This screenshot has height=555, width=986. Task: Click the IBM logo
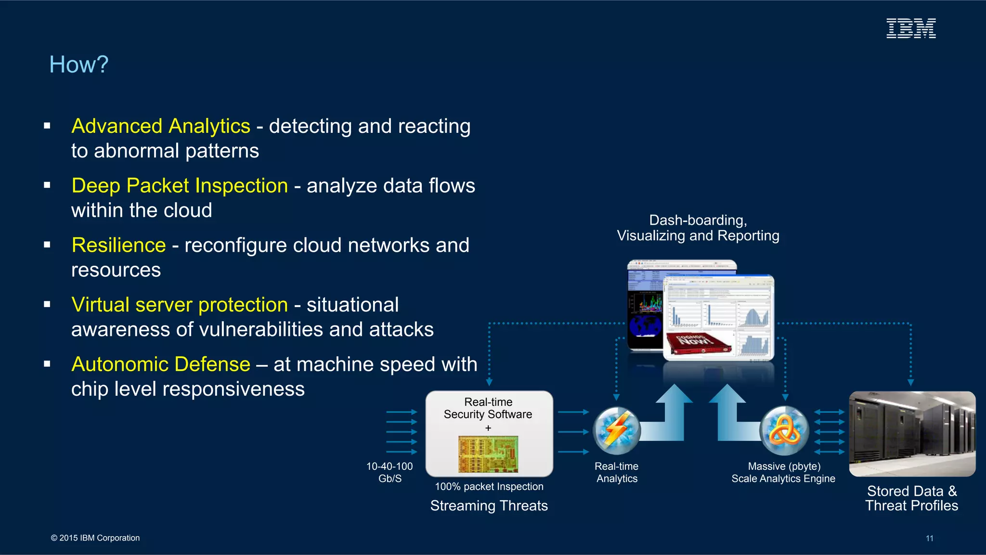coord(911,28)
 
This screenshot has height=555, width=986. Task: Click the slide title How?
coord(79,65)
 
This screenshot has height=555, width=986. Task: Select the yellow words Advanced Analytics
coord(161,126)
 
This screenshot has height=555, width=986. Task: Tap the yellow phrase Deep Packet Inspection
coord(180,186)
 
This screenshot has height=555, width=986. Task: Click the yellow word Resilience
coord(118,245)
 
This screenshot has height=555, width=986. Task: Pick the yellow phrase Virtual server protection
coord(180,305)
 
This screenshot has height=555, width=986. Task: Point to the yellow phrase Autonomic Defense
coord(161,364)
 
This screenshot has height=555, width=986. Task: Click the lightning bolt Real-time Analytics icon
coord(616,431)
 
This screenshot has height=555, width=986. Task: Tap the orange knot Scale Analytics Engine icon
coord(784,431)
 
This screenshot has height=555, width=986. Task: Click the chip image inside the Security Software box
coord(488,454)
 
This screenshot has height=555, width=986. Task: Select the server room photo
coord(912,434)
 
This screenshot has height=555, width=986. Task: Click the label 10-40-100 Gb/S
coord(389,472)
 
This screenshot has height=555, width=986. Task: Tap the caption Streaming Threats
coord(489,505)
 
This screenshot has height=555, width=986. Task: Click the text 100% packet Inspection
coord(489,487)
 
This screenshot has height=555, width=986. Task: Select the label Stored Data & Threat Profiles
coord(911,498)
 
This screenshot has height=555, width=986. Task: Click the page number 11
coord(929,538)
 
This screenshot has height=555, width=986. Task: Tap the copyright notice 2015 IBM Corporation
coord(95,538)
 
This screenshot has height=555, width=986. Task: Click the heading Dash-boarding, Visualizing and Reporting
coord(698,228)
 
